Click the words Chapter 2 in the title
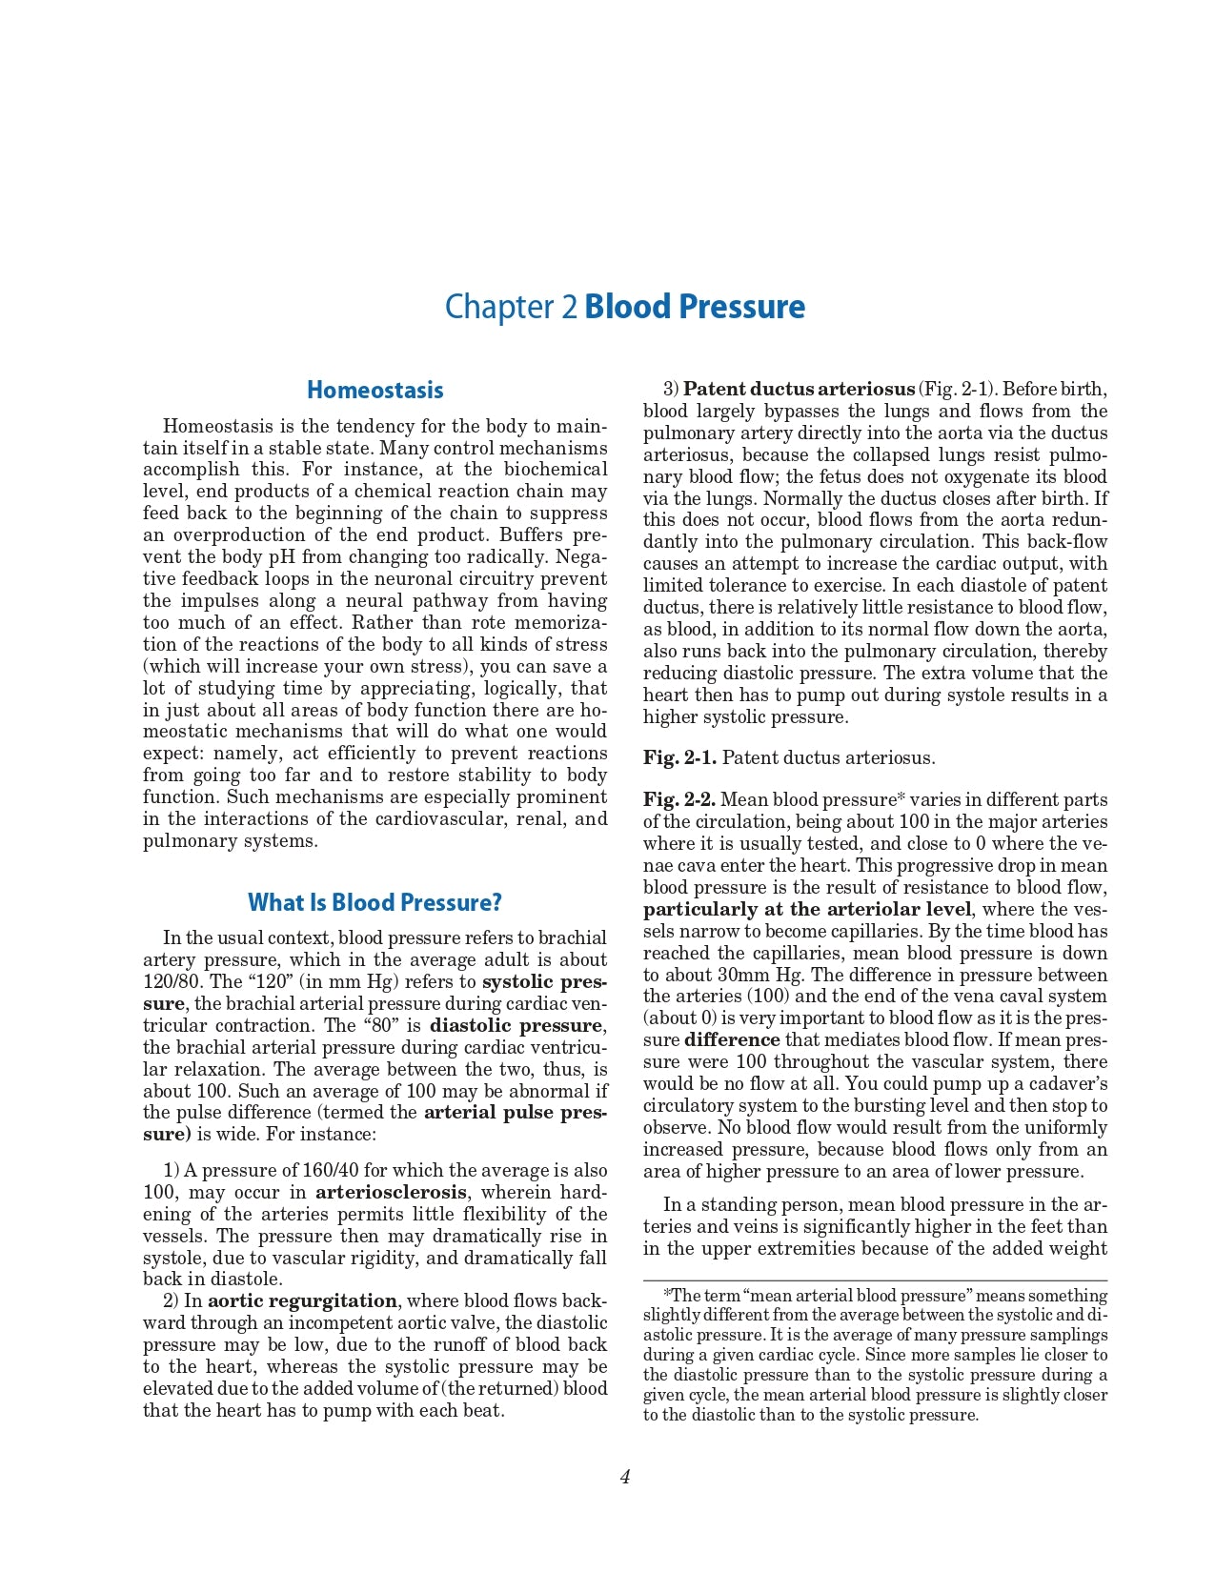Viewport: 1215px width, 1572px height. click(x=511, y=307)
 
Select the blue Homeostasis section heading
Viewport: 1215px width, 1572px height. click(x=375, y=390)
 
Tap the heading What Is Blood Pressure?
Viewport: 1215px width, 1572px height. click(x=375, y=902)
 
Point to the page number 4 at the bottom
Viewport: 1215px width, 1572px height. click(x=625, y=1477)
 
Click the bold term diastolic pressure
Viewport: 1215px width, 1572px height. click(x=516, y=1025)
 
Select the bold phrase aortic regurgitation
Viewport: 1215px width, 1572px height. click(x=302, y=1300)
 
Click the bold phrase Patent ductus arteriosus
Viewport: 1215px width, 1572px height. click(x=799, y=389)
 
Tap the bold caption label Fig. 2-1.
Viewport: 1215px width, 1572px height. click(x=679, y=757)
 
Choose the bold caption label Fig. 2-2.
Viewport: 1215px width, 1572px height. click(x=679, y=799)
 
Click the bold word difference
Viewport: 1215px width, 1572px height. click(x=732, y=1039)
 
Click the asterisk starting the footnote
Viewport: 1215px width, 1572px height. click(x=667, y=1294)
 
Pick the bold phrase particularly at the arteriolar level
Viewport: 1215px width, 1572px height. click(x=807, y=909)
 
